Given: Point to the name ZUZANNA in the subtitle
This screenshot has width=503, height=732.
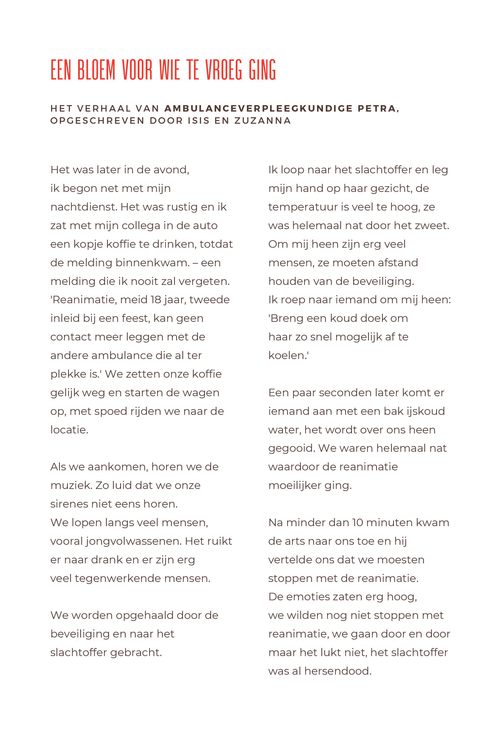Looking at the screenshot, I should coord(263,121).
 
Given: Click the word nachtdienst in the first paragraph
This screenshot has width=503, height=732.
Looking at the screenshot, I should coord(84,207).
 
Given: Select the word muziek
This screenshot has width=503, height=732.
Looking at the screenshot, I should coord(69,485).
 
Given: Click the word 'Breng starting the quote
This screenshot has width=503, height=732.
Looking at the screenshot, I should coord(286,318).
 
